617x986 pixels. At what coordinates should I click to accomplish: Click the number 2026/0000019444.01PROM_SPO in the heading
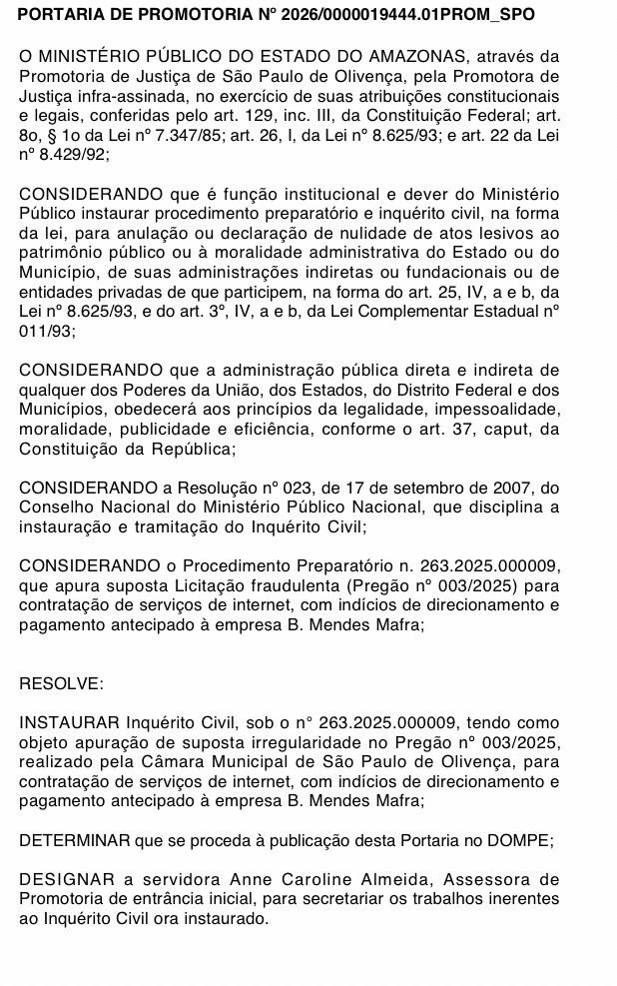(424, 15)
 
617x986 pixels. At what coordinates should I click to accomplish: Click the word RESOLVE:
(60, 683)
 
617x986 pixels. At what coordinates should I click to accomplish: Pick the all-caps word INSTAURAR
(69, 721)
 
